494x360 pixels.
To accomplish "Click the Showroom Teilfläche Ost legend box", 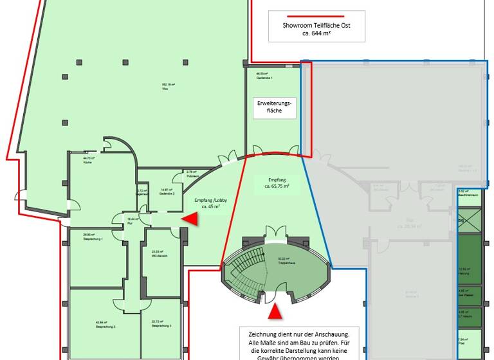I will pos(316,26).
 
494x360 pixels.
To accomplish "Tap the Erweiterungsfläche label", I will pos(275,107).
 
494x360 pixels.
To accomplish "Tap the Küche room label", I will pos(88,159).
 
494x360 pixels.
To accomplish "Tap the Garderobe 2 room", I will pos(161,192).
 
